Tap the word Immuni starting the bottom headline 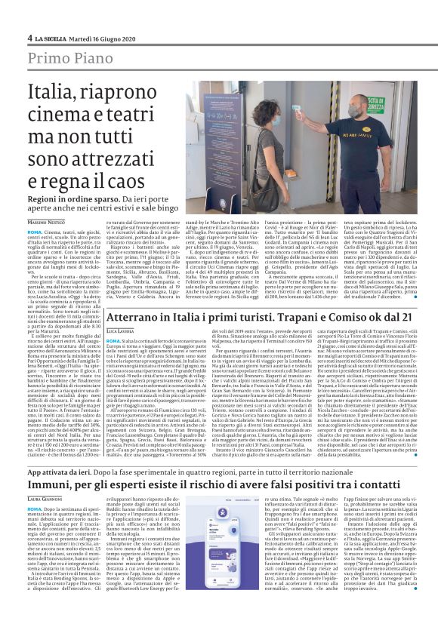[51, 483]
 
